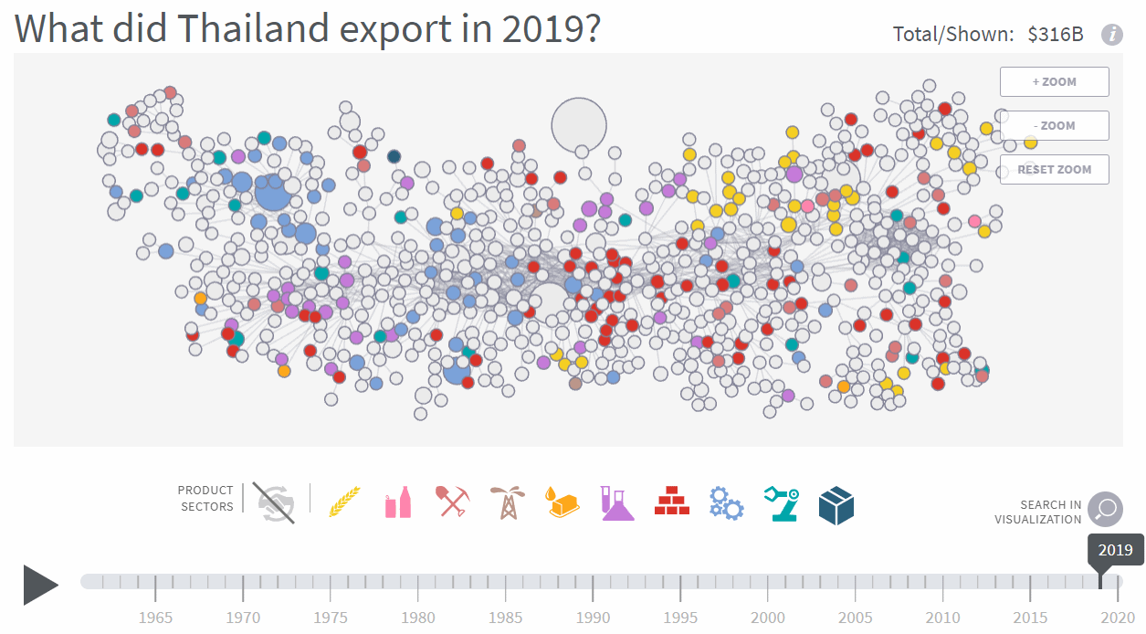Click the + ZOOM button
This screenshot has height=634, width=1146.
pyautogui.click(x=1054, y=81)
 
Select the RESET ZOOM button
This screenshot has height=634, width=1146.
pyautogui.click(x=1054, y=169)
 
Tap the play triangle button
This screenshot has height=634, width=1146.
pyautogui.click(x=40, y=585)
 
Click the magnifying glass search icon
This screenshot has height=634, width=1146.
pyautogui.click(x=1105, y=510)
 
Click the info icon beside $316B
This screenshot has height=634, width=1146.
pyautogui.click(x=1111, y=35)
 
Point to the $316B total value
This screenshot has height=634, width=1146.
pyautogui.click(x=1055, y=35)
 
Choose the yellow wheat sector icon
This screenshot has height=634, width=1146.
pyautogui.click(x=344, y=502)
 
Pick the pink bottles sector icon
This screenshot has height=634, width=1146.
pyautogui.click(x=398, y=502)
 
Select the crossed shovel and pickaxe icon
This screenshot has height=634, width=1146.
pyautogui.click(x=453, y=502)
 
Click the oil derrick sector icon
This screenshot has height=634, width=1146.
pyautogui.click(x=507, y=502)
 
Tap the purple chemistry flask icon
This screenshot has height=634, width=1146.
pyautogui.click(x=617, y=502)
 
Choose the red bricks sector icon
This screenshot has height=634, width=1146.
pyautogui.click(x=672, y=502)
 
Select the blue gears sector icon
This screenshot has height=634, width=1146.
pyautogui.click(x=726, y=502)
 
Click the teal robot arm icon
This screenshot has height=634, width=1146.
pyautogui.click(x=781, y=502)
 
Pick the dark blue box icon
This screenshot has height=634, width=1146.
pyautogui.click(x=836, y=504)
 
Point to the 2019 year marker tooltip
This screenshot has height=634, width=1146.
pyautogui.click(x=1115, y=550)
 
